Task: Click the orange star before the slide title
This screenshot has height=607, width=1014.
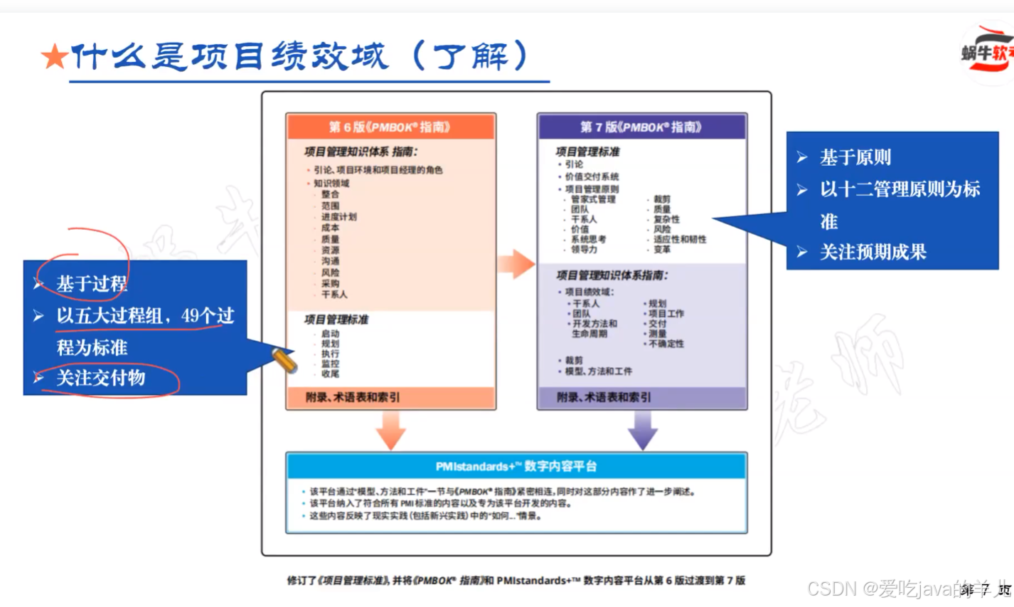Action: point(54,57)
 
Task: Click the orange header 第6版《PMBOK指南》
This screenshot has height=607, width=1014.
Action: point(390,127)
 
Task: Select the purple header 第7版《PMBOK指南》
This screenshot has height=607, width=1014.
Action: point(641,127)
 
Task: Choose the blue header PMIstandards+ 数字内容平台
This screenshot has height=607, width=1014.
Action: point(516,466)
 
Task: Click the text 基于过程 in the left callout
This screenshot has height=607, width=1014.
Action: point(92,284)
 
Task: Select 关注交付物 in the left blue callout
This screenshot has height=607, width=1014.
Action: point(101,378)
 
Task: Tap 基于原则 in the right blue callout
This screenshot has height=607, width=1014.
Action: point(855,157)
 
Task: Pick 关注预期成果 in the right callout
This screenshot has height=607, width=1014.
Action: point(873,252)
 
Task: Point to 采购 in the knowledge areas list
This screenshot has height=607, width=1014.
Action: point(330,283)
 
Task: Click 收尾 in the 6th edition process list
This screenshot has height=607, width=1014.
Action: point(330,374)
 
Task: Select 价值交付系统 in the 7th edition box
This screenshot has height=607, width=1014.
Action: point(592,176)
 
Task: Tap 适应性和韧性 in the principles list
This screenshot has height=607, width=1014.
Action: point(680,239)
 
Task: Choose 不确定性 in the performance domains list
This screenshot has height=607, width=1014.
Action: point(666,344)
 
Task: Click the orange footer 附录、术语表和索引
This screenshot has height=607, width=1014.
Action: point(353,397)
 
